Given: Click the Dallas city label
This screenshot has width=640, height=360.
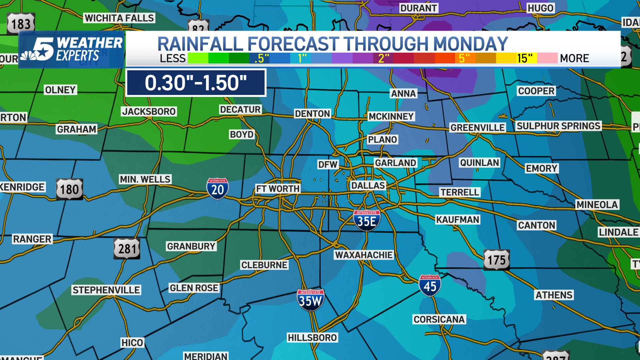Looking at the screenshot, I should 368,186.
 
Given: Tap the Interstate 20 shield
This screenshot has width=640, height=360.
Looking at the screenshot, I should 217,189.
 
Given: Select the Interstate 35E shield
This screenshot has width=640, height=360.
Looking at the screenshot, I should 367,220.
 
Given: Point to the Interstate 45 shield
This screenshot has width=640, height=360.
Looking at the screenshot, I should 430,285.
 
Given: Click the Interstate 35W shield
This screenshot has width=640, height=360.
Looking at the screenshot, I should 310,300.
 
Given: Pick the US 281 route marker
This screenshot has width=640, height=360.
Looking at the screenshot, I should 127,249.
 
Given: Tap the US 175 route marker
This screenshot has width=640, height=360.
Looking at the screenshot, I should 496,260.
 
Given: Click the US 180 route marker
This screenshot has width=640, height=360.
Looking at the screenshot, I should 69,189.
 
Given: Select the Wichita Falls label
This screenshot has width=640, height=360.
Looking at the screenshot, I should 119,18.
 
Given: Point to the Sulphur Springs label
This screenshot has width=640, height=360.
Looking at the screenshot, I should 558,126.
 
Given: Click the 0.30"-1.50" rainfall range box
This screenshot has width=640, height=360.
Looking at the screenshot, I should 196,83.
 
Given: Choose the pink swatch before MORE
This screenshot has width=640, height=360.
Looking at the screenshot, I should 547,58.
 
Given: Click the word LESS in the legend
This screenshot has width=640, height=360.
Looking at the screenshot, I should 172,58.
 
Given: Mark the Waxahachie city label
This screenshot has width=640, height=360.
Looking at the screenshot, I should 364,255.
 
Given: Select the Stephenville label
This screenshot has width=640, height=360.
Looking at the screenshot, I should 106,290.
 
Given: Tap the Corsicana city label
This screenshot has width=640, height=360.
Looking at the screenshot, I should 439,319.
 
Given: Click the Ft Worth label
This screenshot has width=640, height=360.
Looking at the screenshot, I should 278,189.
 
